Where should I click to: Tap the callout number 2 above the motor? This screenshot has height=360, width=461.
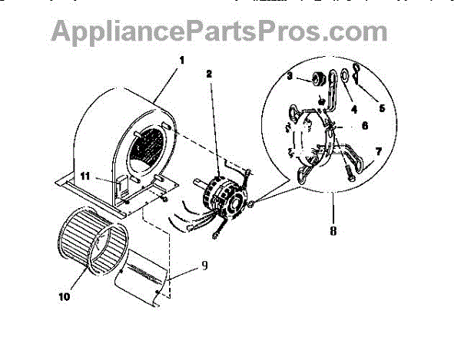(209, 74)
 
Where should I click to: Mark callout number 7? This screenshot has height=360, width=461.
(378, 153)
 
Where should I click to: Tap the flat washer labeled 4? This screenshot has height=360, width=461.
(345, 75)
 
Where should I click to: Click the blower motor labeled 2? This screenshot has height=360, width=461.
(221, 192)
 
